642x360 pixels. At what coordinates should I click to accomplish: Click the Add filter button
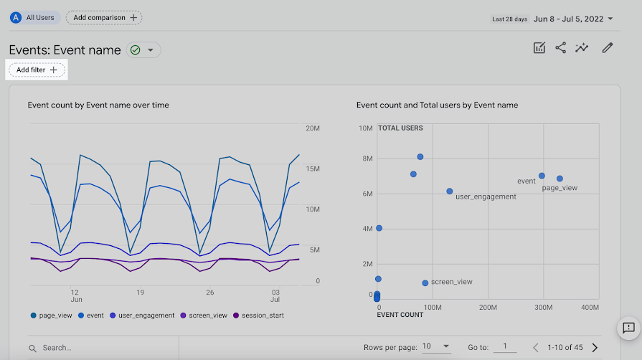[37, 70]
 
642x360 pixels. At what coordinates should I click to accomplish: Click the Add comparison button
[104, 17]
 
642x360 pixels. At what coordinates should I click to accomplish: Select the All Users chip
[34, 17]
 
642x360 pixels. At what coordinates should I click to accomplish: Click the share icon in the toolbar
[561, 48]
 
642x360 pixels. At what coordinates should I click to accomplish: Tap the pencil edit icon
[608, 48]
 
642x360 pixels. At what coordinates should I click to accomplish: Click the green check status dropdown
[143, 49]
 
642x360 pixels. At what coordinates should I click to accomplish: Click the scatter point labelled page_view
[560, 179]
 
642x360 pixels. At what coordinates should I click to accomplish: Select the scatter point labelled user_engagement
[450, 191]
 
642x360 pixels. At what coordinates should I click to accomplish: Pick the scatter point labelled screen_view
[425, 283]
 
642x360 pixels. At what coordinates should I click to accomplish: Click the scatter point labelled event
[542, 176]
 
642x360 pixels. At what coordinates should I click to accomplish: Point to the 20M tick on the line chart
[312, 128]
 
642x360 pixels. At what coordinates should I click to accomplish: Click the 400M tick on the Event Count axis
[590, 308]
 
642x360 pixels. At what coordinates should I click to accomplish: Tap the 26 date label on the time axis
[210, 293]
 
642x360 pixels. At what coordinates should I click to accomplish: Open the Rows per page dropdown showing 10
[436, 347]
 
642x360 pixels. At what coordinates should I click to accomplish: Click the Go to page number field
[505, 347]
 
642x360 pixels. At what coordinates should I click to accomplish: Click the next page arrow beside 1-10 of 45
[595, 348]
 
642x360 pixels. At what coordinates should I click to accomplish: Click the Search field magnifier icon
[33, 348]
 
